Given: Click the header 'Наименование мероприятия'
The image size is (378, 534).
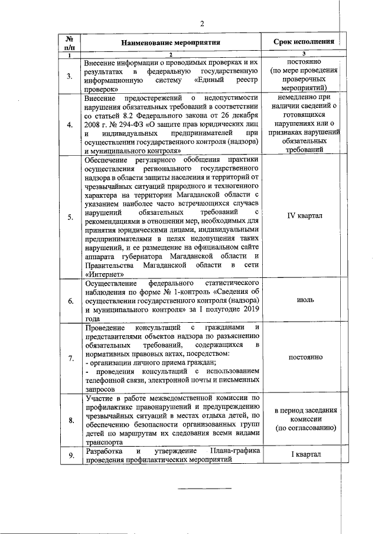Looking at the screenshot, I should pyautogui.click(x=171, y=42).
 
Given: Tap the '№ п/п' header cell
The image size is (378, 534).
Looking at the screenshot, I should pyautogui.click(x=70, y=42).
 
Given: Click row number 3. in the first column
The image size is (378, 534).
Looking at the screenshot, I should pyautogui.click(x=70, y=76).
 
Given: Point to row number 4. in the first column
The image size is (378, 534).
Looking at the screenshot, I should pyautogui.click(x=70, y=125).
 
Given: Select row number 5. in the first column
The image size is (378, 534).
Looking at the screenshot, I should pyautogui.click(x=70, y=217).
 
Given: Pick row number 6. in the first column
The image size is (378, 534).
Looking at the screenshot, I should pyautogui.click(x=70, y=301).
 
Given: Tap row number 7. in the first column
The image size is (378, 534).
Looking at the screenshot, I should pyautogui.click(x=70, y=358).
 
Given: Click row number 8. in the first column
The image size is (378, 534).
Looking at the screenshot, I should pyautogui.click(x=70, y=420).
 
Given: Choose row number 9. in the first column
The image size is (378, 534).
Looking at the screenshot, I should pyautogui.click(x=70, y=456).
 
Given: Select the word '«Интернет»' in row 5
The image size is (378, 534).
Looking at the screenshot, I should pyautogui.click(x=105, y=274).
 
